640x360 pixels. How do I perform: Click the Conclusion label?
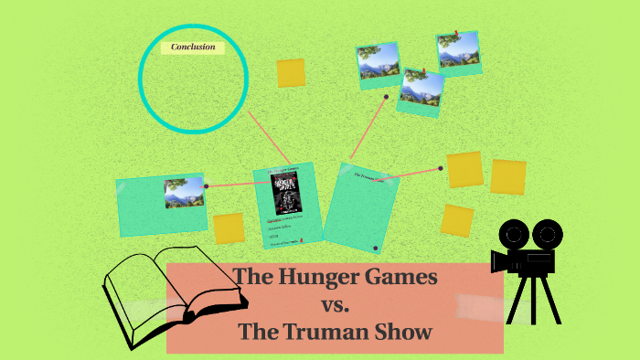[x=193, y=47]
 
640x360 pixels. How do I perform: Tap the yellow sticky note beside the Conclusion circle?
[x=291, y=73]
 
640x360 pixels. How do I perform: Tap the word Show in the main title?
[x=403, y=332]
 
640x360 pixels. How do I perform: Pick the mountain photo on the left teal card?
[x=183, y=193]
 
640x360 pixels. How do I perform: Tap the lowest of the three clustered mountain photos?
[x=421, y=89]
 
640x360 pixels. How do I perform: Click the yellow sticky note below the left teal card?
[x=229, y=228]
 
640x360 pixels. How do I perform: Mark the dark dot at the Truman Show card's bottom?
[x=376, y=248]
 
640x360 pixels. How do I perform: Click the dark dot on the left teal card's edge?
[x=207, y=186]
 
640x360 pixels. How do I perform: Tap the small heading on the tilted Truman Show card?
[x=362, y=174]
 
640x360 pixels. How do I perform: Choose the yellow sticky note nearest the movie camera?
[x=457, y=220]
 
